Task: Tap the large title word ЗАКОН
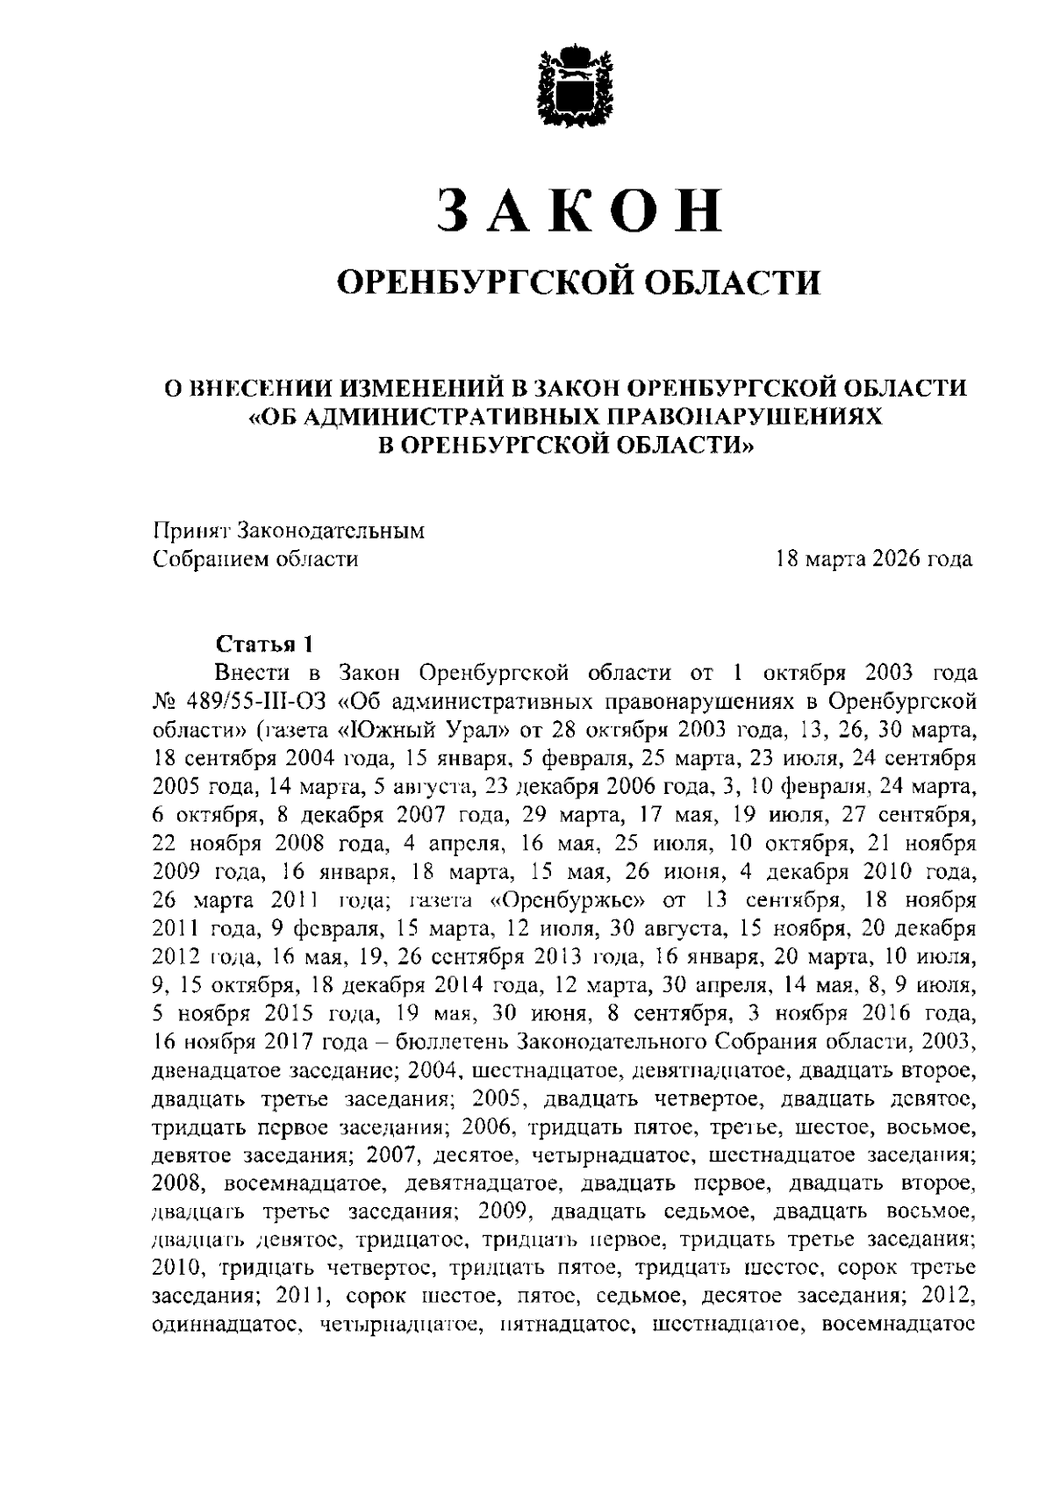[x=579, y=211]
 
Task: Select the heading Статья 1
[x=263, y=645]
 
